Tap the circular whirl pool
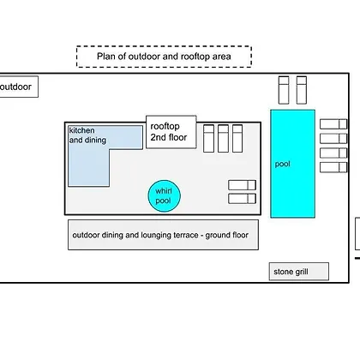coord(165,196)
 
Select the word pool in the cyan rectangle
coord(282,164)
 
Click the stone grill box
coord(299,272)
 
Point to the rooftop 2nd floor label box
coord(171,132)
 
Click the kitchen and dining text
coord(87,135)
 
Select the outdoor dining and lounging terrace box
coord(163,235)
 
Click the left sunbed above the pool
coord(284,90)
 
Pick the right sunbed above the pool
coord(302,90)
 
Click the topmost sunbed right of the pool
coord(333,124)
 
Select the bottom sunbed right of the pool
coord(333,167)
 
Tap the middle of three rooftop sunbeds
coord(223,138)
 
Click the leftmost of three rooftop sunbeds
coord(208,138)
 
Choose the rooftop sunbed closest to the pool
coord(237,138)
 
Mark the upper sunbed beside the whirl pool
coord(242,185)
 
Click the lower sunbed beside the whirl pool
coord(242,199)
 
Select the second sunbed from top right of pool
coord(333,139)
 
